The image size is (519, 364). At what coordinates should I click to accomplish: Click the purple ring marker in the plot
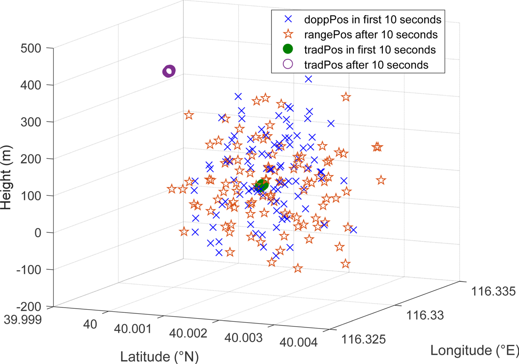[x=169, y=71]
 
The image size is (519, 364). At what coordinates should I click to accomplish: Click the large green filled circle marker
[x=262, y=185]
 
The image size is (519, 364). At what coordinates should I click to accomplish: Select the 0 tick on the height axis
[x=38, y=233]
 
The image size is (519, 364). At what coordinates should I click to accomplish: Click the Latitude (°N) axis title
[x=159, y=357]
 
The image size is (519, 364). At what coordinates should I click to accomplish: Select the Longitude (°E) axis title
[x=474, y=350]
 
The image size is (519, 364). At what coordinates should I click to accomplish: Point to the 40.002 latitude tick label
[x=188, y=333]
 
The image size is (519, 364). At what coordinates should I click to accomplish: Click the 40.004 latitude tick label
[x=298, y=342]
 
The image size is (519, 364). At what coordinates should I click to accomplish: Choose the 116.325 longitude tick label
[x=363, y=339]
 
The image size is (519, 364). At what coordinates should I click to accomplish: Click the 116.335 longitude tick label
[x=493, y=291]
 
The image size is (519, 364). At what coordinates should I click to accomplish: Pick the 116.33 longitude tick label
[x=425, y=315]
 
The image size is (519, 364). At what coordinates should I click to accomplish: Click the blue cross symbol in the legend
[x=288, y=19]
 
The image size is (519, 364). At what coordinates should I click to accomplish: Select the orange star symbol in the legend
[x=288, y=34]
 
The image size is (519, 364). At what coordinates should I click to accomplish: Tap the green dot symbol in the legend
[x=288, y=49]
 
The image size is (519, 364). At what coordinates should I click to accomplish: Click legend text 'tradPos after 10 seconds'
[x=366, y=65]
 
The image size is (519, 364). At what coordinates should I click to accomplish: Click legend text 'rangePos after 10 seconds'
[x=371, y=34]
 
